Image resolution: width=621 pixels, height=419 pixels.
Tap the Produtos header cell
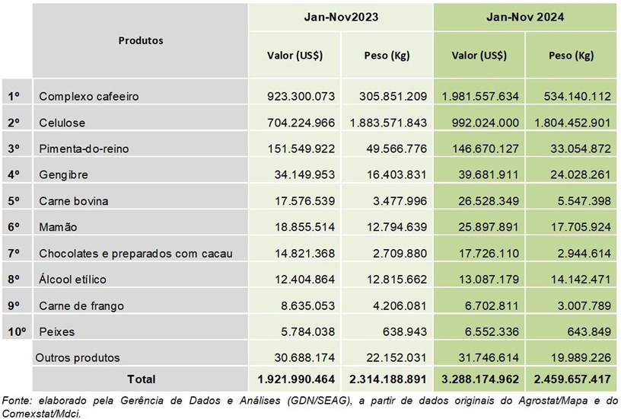click(141, 40)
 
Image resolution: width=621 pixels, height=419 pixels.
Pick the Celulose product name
click(62, 123)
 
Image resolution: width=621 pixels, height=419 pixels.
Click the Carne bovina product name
click(73, 201)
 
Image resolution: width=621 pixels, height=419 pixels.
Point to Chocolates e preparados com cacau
click(135, 253)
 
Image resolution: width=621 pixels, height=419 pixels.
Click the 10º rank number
click(17, 331)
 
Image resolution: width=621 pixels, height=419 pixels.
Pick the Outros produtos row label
click(79, 357)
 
